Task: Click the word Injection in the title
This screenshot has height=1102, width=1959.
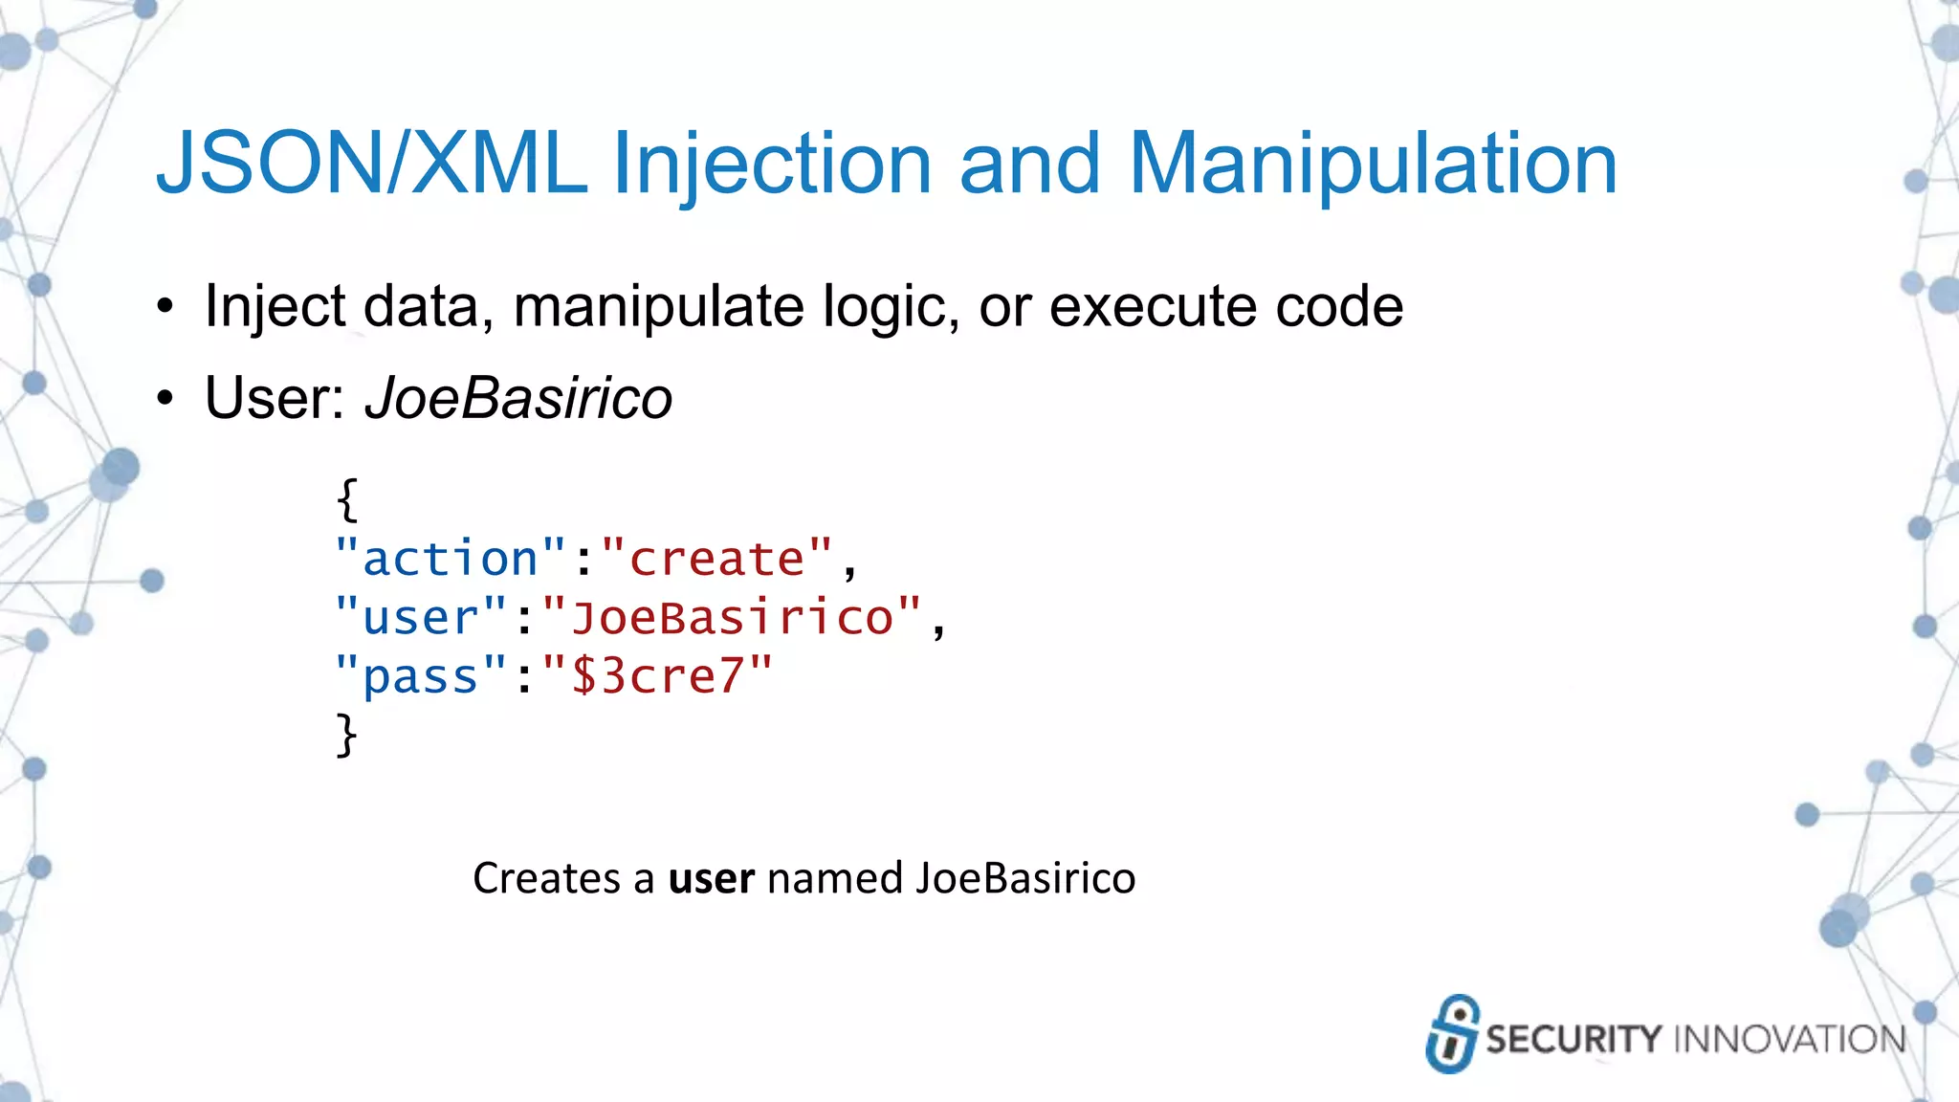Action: point(770,165)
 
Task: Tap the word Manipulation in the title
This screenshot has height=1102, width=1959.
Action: point(1373,165)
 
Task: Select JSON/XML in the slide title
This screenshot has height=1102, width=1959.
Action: point(371,165)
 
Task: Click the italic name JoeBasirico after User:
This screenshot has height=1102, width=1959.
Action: point(518,398)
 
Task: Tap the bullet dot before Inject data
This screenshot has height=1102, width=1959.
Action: point(166,308)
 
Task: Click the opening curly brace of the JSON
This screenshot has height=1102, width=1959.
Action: point(347,499)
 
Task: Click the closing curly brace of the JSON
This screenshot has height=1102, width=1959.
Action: point(347,735)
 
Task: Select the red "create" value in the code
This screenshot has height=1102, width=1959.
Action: point(716,559)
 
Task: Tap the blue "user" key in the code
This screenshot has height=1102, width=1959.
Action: point(421,618)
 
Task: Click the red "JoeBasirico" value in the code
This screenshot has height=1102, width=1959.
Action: point(732,618)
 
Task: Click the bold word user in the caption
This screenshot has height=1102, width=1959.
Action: point(711,878)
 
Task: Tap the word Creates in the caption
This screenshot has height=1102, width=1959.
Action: point(546,878)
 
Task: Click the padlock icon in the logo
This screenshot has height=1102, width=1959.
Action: point(1452,1034)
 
